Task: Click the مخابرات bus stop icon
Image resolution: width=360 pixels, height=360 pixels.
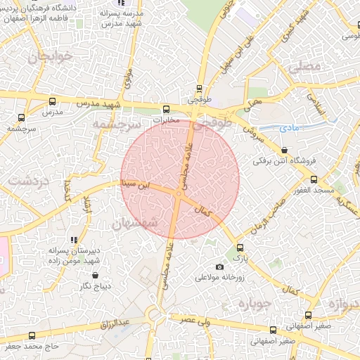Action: coord(167,109)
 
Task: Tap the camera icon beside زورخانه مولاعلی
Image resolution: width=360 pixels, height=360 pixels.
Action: coord(219,266)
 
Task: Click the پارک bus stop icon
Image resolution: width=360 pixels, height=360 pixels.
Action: coord(240,247)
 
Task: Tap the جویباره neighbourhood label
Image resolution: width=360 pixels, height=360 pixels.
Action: coord(254,304)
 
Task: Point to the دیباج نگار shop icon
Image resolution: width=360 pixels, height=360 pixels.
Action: coord(95,275)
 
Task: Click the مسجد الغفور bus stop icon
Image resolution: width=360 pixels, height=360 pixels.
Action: coord(314,179)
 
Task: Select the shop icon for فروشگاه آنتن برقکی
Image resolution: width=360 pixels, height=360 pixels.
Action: coord(284,150)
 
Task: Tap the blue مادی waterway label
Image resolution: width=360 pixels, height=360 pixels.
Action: coord(288,128)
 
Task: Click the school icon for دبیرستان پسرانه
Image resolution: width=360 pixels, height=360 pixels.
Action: coord(75,240)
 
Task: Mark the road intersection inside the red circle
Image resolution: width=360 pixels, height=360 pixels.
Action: coord(179,196)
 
